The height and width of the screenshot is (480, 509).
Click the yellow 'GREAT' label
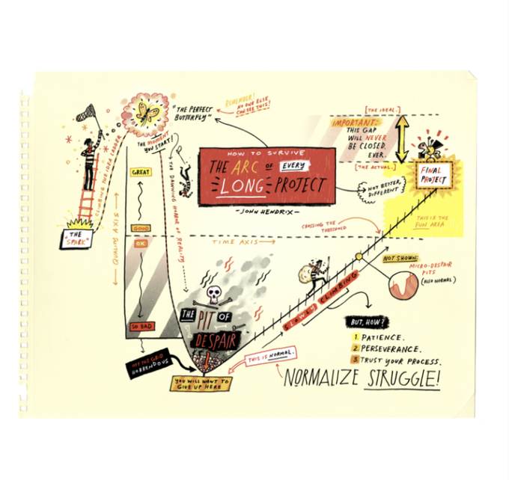[141, 172]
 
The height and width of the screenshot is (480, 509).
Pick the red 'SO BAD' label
[141, 327]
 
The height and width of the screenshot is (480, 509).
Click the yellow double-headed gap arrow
[402, 136]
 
